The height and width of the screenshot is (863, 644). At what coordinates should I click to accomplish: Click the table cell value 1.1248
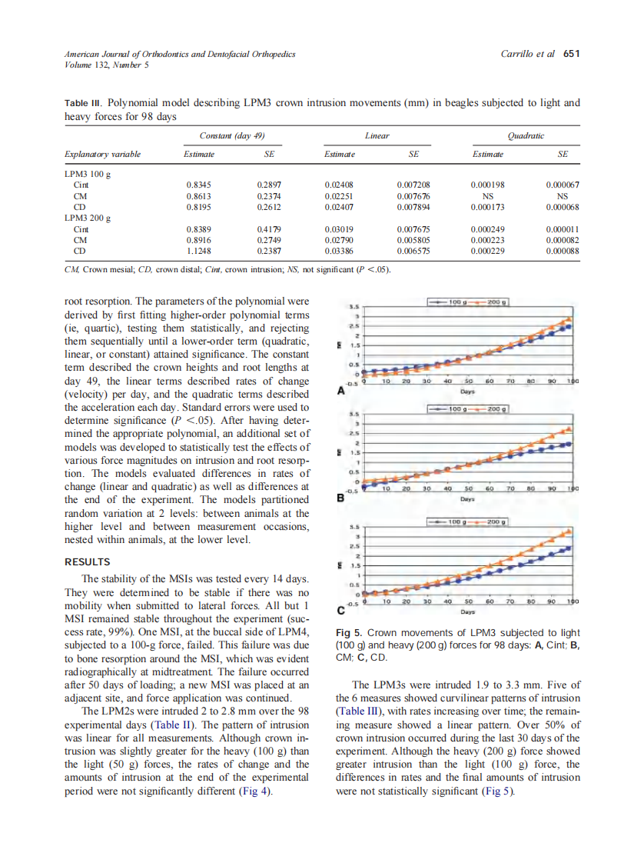(199, 251)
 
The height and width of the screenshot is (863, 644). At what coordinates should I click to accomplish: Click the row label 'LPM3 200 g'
(88, 218)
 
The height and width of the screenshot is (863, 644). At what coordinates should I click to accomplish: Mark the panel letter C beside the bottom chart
(341, 611)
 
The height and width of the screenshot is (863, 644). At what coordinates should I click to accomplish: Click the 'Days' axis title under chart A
(468, 390)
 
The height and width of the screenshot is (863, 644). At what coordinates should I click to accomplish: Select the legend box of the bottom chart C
(472, 522)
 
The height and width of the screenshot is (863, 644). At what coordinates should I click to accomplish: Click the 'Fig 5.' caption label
(350, 632)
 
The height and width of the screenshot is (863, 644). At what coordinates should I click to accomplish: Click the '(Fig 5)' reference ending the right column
(496, 791)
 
